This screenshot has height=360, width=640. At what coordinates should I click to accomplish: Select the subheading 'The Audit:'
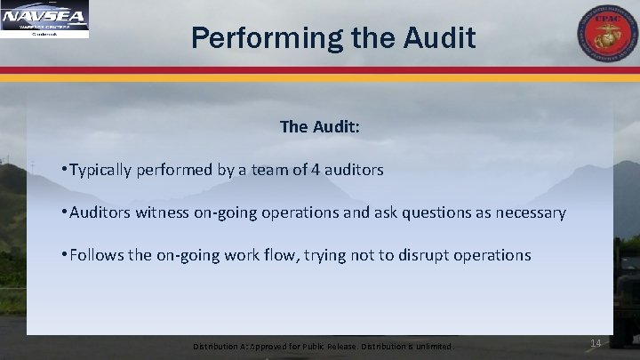pyautogui.click(x=319, y=127)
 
